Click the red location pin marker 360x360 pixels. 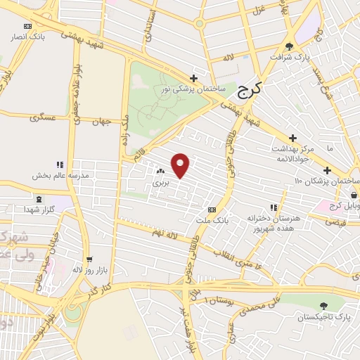click(181, 165)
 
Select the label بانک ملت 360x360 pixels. click(217, 221)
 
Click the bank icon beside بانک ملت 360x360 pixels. click(212, 210)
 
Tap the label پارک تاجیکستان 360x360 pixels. click(323, 317)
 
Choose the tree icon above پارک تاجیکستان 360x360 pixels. click(323, 306)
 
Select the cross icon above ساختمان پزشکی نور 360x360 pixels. click(194, 78)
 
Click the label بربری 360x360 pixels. click(160, 182)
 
